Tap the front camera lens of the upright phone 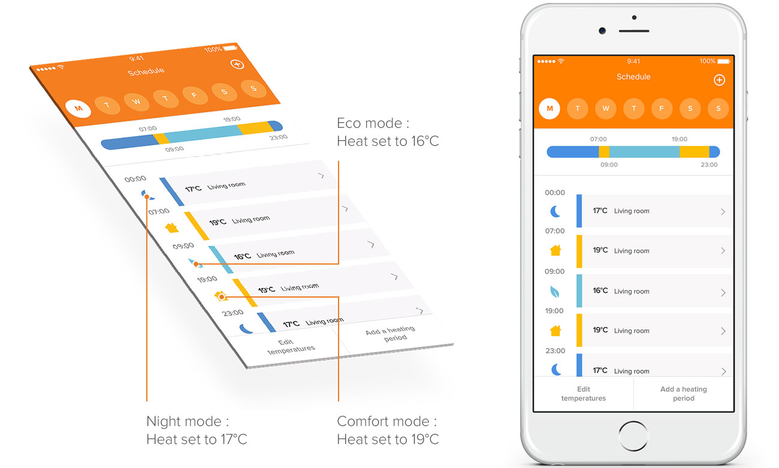[602, 31]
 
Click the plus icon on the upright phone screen [719, 80]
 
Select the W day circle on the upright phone [606, 109]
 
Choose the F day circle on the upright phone [662, 109]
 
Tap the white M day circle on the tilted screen [78, 109]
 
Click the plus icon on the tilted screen [237, 64]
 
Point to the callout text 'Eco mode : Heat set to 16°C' [388, 132]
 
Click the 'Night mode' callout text [197, 430]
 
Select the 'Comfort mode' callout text [388, 430]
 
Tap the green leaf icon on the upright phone [555, 292]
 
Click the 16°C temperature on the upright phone [600, 291]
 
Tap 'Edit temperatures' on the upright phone [583, 394]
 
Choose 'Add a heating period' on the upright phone [683, 394]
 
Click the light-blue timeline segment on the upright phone [644, 152]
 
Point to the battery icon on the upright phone [724, 61]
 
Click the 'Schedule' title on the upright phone [633, 77]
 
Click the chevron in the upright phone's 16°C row [723, 293]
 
